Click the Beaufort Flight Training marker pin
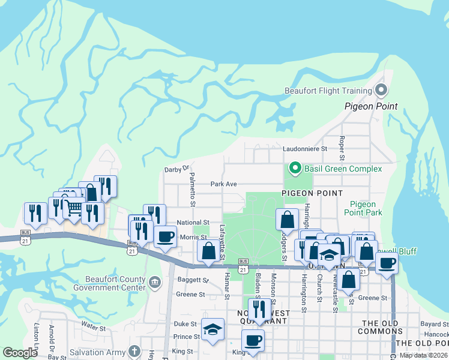click(x=381, y=91)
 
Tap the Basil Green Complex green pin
click(x=295, y=168)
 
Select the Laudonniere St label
click(x=304, y=148)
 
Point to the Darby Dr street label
click(x=176, y=169)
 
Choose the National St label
click(x=192, y=223)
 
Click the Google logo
click(x=20, y=353)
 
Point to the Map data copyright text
click(x=424, y=355)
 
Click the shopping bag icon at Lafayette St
click(x=208, y=250)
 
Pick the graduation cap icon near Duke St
click(x=212, y=329)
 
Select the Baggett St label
click(x=197, y=280)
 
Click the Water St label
click(x=93, y=328)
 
